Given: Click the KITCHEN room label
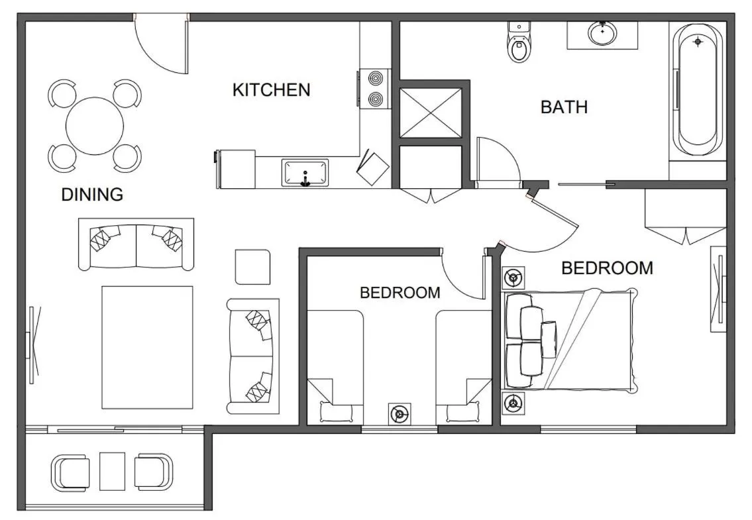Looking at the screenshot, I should click(x=271, y=90).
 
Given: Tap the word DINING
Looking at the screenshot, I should click(x=92, y=195).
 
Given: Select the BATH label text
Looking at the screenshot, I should click(x=564, y=107).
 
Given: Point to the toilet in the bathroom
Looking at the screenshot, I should click(x=519, y=45).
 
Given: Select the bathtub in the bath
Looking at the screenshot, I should click(x=697, y=89).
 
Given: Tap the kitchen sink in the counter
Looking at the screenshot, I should click(x=305, y=172).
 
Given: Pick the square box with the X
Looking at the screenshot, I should click(x=431, y=113).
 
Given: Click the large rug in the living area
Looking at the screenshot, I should click(x=147, y=346).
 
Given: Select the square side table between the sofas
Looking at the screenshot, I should click(x=252, y=266).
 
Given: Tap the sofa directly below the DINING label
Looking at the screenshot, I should click(x=136, y=243).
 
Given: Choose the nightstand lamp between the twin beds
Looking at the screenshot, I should click(x=399, y=415).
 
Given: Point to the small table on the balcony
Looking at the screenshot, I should click(x=112, y=471).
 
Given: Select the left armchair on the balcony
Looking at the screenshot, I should click(x=70, y=472).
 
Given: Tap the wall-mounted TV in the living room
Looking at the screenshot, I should click(x=32, y=344).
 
